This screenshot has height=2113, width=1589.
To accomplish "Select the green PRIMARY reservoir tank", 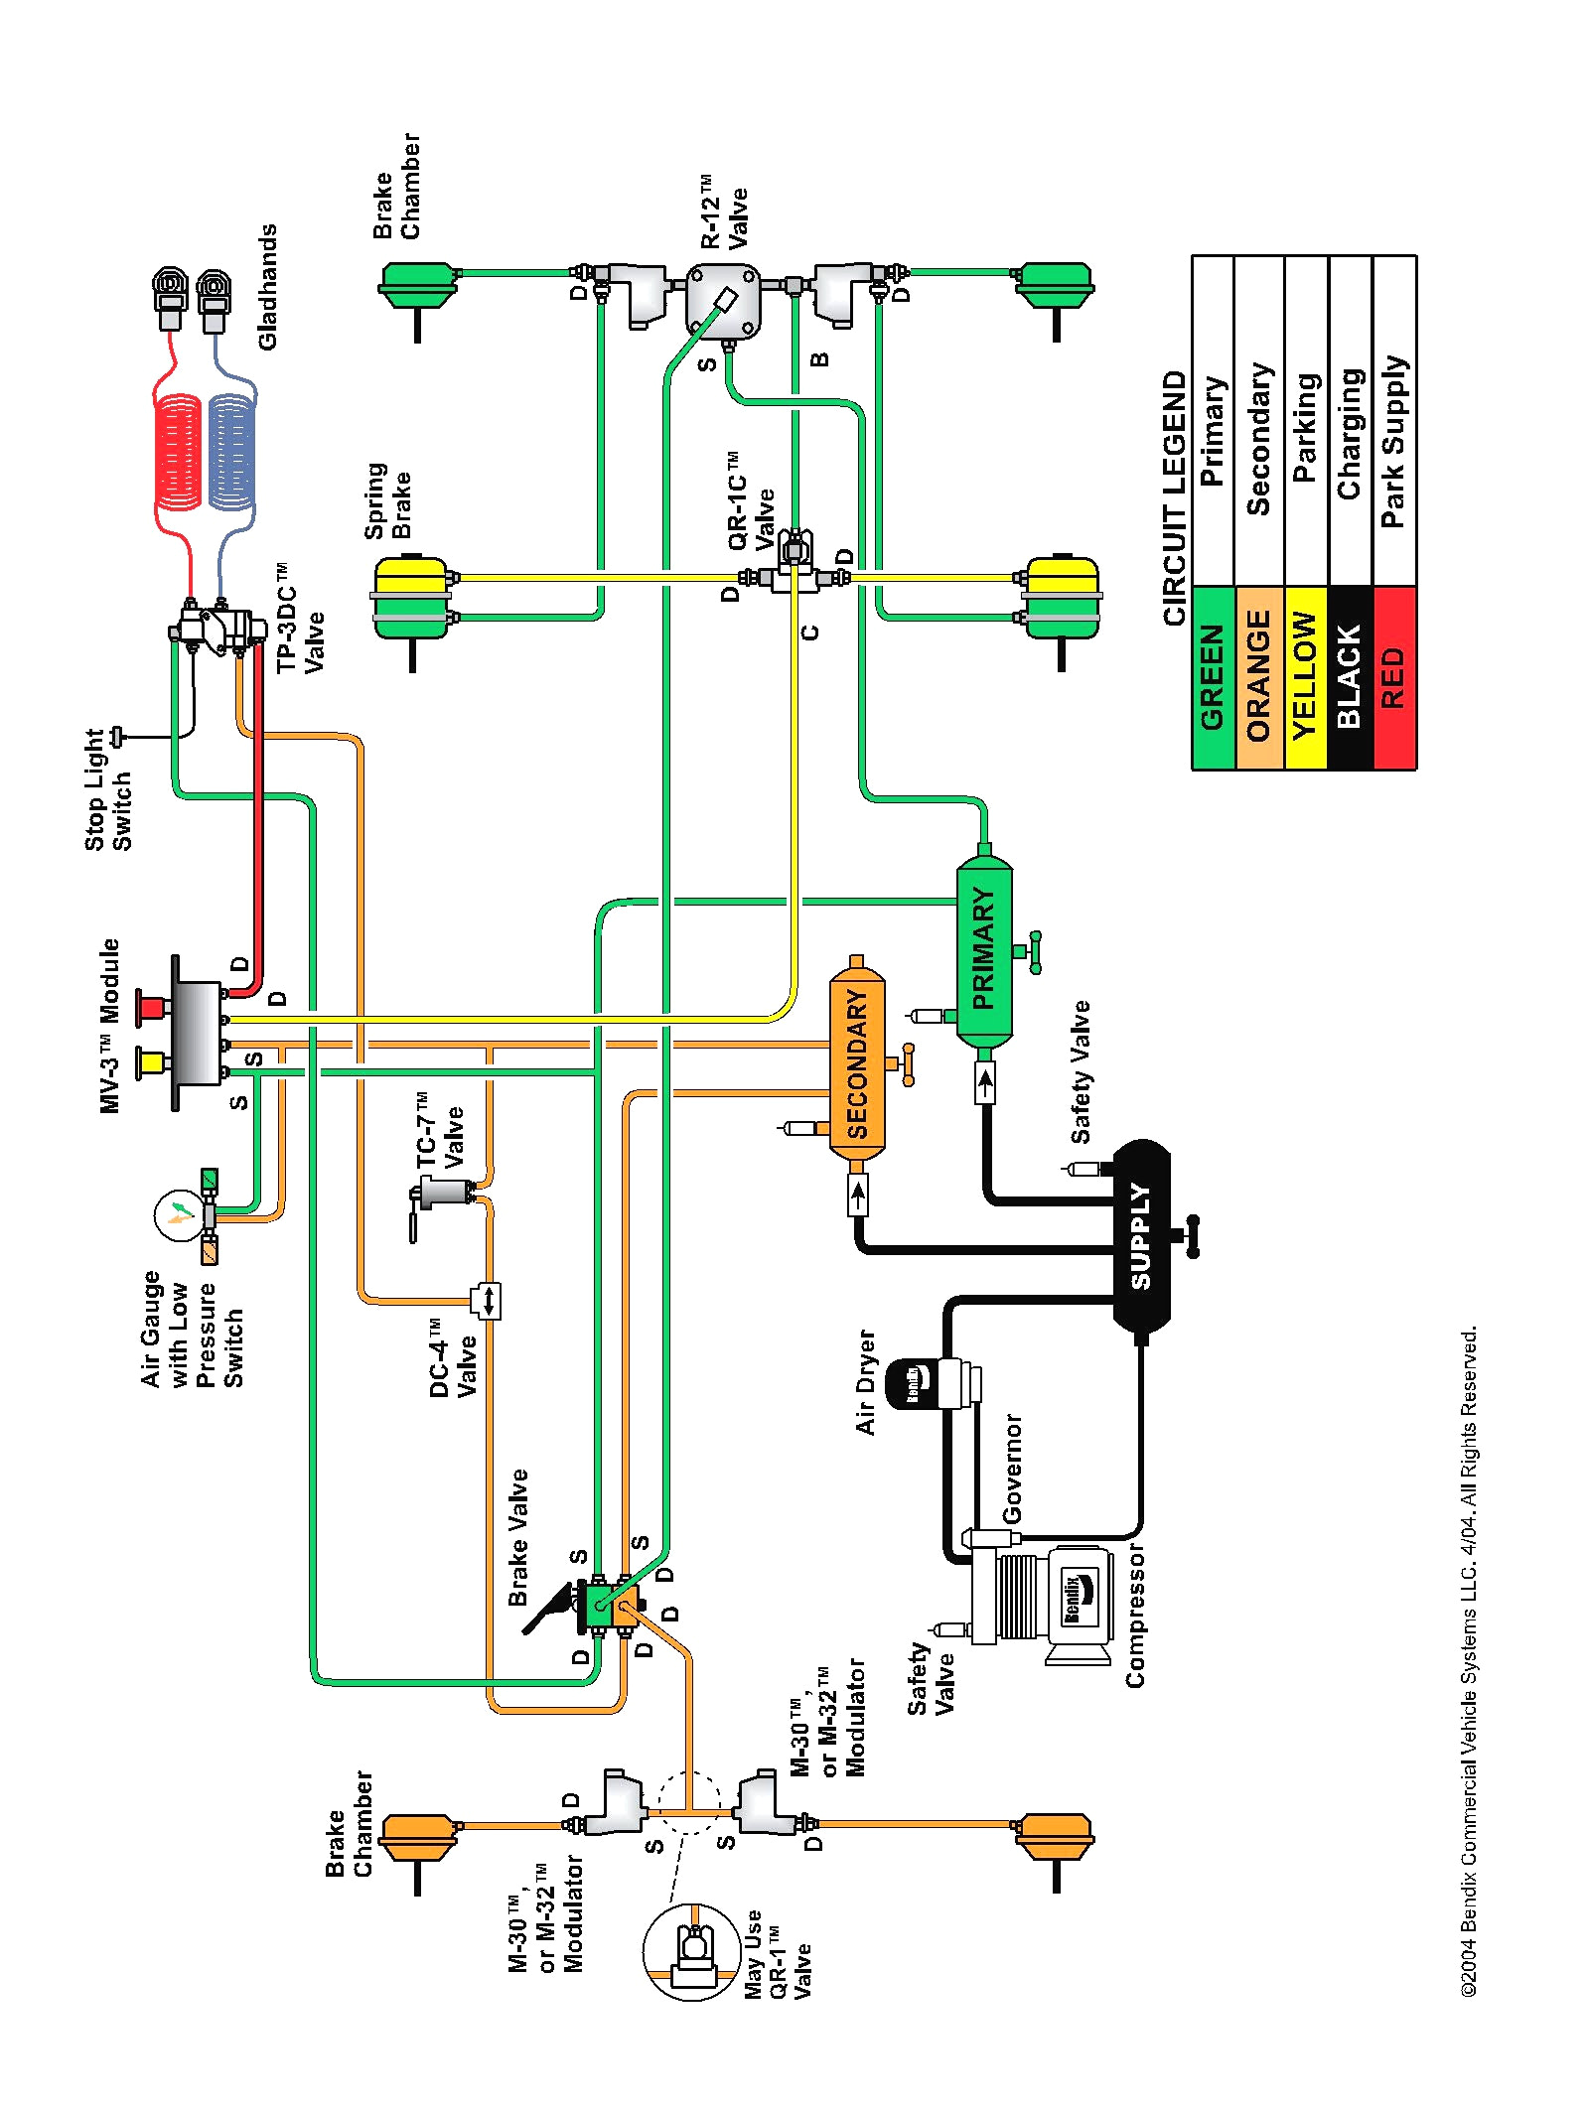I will coord(983,948).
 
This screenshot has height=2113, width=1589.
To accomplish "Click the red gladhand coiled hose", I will coord(179,452).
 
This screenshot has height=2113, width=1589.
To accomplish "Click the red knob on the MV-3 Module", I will coord(151,1007).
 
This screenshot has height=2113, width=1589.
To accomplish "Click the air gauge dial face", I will coord(179,1213).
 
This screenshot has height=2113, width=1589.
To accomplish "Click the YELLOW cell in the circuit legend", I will coord(1305,675).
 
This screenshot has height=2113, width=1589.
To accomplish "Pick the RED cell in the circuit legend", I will coord(1393,675).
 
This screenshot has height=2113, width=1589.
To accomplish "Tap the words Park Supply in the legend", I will coord(1393,441).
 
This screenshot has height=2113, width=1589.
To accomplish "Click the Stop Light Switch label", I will coord(107,789).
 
